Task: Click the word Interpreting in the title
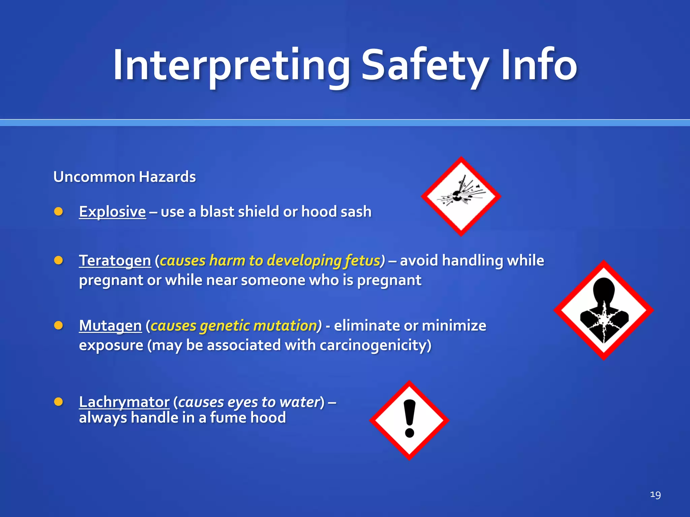coord(231,65)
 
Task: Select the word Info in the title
coord(539,65)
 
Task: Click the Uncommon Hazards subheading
coord(124,177)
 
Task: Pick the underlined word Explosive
coord(112,212)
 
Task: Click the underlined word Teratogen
coord(115,261)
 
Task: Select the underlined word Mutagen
coord(110,325)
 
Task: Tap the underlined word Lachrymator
coord(124,402)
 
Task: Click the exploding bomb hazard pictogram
coord(461,197)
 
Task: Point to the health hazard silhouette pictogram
coord(604,310)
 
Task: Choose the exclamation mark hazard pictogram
coord(409,420)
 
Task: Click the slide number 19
coord(655,494)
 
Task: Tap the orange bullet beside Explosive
coord(59,211)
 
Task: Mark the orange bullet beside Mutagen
coord(59,325)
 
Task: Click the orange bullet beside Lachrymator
coord(59,402)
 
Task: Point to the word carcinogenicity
coord(375,345)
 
